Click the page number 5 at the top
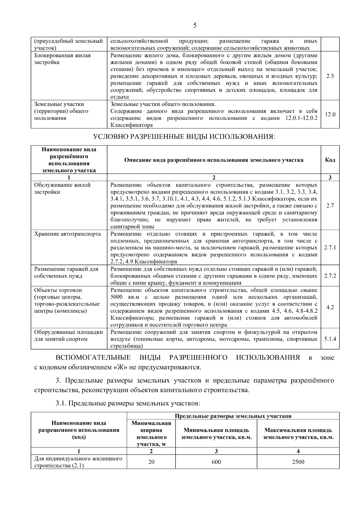click(195, 26)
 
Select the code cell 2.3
click(330, 76)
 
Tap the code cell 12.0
click(330, 114)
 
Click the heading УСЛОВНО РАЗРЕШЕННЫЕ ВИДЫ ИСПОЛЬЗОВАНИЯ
click(184, 137)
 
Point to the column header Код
click(330, 160)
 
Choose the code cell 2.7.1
click(330, 248)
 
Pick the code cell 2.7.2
click(330, 276)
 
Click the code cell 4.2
click(330, 307)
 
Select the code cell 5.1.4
click(330, 339)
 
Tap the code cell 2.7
click(330, 206)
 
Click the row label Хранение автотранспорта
click(67, 234)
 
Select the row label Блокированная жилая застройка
click(62, 59)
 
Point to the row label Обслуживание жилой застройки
click(62, 188)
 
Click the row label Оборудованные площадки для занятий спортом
click(68, 336)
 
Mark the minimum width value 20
click(151, 462)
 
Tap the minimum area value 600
click(216, 462)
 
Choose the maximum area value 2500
click(298, 462)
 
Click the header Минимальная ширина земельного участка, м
click(151, 433)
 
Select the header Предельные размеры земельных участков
click(233, 416)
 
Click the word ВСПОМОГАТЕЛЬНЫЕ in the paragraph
click(93, 357)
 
